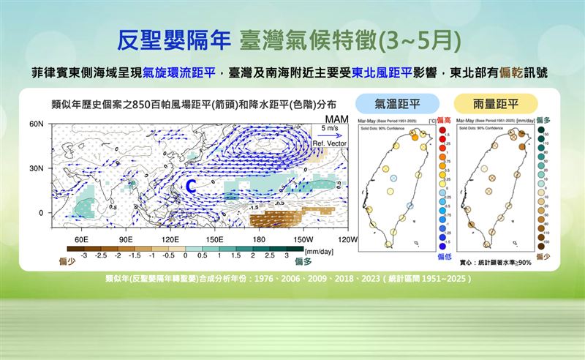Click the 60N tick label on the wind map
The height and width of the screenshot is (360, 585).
[37, 124]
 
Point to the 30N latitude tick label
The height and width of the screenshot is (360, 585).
[37, 168]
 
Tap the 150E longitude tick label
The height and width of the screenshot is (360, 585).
[214, 239]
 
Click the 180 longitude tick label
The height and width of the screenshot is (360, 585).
[258, 239]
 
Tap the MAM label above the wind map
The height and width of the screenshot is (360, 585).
[327, 119]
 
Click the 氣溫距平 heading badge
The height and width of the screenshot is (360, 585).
[397, 102]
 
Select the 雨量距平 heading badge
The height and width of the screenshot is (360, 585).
[496, 102]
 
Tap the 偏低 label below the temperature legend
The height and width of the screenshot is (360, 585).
[443, 257]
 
